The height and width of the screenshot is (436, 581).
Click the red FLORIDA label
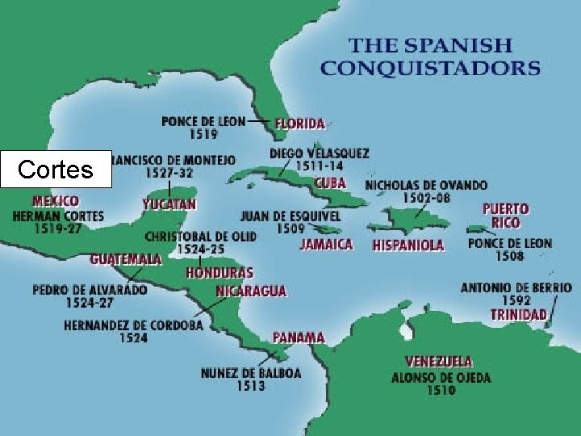tap(300, 124)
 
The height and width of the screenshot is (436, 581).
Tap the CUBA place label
tap(330, 183)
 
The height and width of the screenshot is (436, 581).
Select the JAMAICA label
tap(326, 244)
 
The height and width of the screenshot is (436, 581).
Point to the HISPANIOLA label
tap(408, 245)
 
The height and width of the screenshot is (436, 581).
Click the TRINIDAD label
tap(518, 314)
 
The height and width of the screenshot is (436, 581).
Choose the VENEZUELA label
tap(438, 361)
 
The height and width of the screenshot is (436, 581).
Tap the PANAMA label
tap(299, 337)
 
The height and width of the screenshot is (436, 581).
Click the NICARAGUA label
tap(251, 291)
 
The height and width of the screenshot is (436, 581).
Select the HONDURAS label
tap(219, 273)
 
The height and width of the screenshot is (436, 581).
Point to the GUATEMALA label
tap(125, 259)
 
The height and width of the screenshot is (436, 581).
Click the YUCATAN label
tap(169, 204)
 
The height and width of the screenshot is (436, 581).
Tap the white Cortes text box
tap(55, 170)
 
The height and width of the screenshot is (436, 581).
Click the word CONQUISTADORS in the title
tap(429, 67)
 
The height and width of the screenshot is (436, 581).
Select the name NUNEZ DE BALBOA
tap(251, 373)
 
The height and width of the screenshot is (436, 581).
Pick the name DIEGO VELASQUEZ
tap(320, 153)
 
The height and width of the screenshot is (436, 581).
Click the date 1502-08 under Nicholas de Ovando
tap(425, 198)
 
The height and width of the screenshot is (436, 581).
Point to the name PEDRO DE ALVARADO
tap(90, 289)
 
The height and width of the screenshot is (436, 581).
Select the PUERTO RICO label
tap(506, 216)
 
